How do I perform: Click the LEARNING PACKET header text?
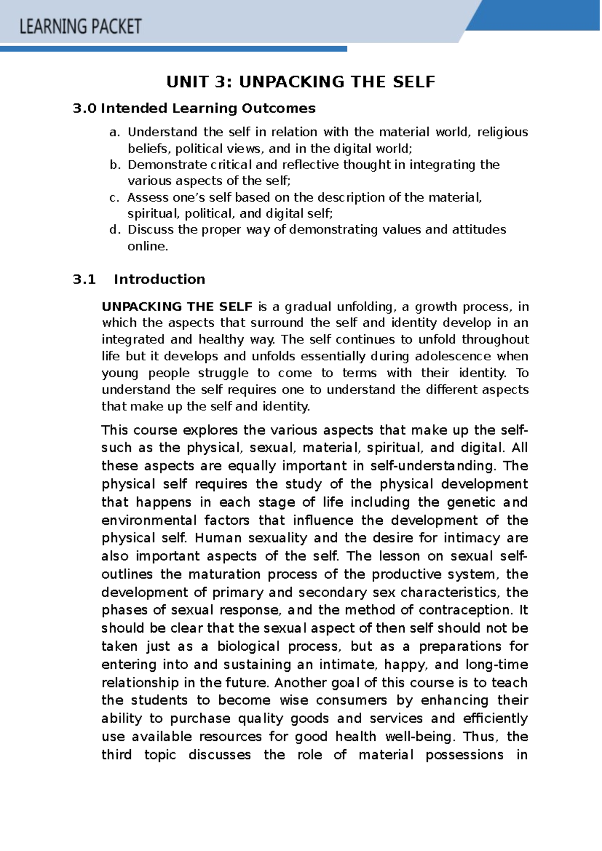pos(80,26)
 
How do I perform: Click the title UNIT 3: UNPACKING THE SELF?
pos(300,82)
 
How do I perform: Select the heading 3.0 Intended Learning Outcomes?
pos(194,108)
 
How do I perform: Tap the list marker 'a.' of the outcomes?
pos(115,132)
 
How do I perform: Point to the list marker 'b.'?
pos(115,165)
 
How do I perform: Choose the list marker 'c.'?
pos(114,198)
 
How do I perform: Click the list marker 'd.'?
pos(115,230)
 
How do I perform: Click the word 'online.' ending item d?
pos(147,246)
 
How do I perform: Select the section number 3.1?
pos(84,279)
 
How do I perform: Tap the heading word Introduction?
pos(159,279)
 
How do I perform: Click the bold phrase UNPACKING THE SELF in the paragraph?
pos(177,307)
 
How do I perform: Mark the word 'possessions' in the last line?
pos(464,755)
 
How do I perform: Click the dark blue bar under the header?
pos(173,49)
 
